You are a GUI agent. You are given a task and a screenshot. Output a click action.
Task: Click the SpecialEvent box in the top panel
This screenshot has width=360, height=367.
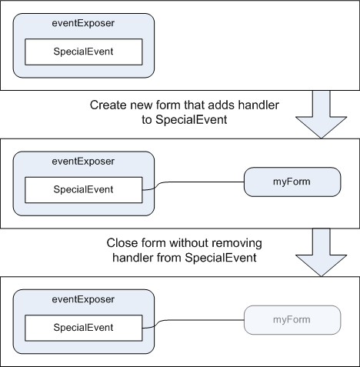[x=84, y=52]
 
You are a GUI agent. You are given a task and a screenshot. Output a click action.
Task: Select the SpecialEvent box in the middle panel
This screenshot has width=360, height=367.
[x=84, y=190]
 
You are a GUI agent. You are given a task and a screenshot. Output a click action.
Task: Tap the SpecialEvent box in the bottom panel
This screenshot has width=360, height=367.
[x=84, y=328]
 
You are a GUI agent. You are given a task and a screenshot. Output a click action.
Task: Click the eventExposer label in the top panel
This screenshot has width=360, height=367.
[x=83, y=23]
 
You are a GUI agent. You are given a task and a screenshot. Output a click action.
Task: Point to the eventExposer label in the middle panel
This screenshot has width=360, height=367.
[x=83, y=162]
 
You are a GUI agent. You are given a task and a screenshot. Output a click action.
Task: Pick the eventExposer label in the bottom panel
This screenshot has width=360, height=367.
[x=83, y=299]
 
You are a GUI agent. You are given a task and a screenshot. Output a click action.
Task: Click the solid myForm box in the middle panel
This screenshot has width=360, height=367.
[x=292, y=182]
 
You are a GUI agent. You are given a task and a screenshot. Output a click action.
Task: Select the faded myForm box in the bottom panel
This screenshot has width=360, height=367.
[x=292, y=320]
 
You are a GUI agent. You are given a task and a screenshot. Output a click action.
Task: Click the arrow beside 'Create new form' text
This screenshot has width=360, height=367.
[x=321, y=115]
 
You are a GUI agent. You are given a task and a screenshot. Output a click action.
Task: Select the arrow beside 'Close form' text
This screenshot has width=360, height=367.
[x=321, y=252]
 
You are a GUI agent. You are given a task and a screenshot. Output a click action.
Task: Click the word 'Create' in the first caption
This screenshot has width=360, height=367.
[x=108, y=105]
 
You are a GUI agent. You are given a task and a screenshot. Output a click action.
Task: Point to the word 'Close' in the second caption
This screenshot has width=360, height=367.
[x=122, y=243]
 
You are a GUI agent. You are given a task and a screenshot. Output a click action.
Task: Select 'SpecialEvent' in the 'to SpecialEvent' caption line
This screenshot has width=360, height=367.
[x=192, y=120]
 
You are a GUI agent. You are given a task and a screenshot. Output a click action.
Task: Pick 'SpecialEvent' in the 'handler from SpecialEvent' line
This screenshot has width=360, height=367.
[x=221, y=258]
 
